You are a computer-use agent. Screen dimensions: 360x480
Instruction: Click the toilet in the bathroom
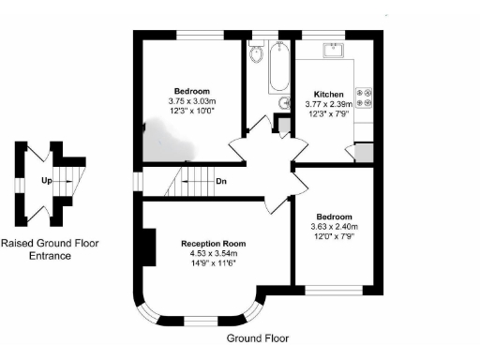coord(258,57)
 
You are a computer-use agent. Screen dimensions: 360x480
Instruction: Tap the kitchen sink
coord(334,50)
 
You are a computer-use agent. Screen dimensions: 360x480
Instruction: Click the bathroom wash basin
coord(284,103)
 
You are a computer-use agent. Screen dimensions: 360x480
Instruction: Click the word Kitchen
coord(327,95)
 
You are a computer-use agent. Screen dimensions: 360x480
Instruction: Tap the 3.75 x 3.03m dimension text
coord(191,101)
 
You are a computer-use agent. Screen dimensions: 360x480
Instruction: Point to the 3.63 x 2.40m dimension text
coord(335,227)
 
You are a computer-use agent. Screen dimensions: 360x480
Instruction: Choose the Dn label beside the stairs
coord(220,181)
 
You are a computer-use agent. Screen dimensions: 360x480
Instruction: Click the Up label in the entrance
coord(45,180)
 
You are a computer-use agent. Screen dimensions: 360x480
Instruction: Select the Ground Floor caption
coord(258,337)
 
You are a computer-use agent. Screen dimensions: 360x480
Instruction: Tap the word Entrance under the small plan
coord(50,254)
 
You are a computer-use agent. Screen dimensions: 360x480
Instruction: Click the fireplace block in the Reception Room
coord(146,248)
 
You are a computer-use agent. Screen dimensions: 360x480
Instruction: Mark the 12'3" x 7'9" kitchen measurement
coord(327,114)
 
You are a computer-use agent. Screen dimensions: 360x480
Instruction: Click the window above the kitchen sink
coord(334,34)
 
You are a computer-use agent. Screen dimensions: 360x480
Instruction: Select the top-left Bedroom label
coord(191,91)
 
